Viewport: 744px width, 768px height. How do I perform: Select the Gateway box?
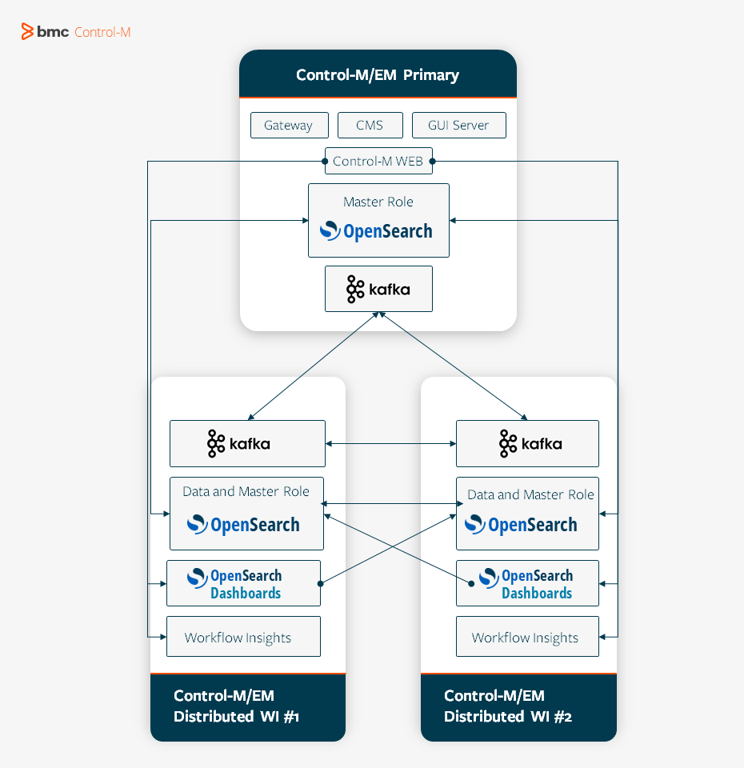pyautogui.click(x=288, y=126)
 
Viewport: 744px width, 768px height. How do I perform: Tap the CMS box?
pyautogui.click(x=370, y=126)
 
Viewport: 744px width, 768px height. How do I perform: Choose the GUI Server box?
pyautogui.click(x=458, y=126)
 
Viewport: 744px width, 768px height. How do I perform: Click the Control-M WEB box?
pyautogui.click(x=378, y=161)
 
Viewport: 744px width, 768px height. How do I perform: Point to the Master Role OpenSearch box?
pyautogui.click(x=378, y=221)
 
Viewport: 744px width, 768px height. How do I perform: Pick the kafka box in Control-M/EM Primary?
pyautogui.click(x=378, y=289)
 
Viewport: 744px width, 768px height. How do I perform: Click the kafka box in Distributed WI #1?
pyautogui.click(x=247, y=443)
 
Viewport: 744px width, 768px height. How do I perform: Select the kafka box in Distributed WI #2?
pyautogui.click(x=527, y=443)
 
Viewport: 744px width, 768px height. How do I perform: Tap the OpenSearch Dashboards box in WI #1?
pyautogui.click(x=243, y=584)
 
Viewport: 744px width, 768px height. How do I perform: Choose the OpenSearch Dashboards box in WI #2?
pyautogui.click(x=527, y=584)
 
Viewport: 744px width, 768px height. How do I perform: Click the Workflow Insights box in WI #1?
pyautogui.click(x=243, y=637)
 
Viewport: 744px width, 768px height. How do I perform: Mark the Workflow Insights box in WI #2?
pyautogui.click(x=527, y=637)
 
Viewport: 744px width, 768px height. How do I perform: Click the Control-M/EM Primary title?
pyautogui.click(x=378, y=75)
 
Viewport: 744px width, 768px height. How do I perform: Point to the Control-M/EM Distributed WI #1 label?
pyautogui.click(x=237, y=706)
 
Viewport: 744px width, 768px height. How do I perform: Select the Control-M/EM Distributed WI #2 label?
pyautogui.click(x=508, y=706)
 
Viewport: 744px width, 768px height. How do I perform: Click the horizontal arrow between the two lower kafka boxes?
pyautogui.click(x=390, y=443)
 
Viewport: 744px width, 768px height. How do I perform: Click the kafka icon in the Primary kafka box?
pyautogui.click(x=355, y=289)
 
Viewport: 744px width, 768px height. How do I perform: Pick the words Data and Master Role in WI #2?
pyautogui.click(x=530, y=494)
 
